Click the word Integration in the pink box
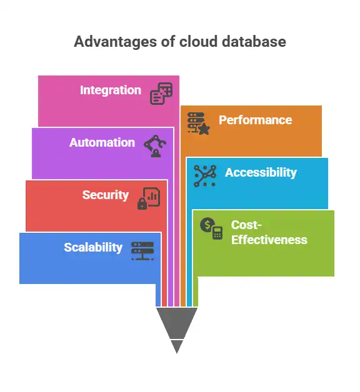click(111, 91)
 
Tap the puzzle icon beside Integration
click(161, 94)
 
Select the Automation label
click(102, 143)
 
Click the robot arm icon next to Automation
click(156, 145)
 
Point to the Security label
click(106, 195)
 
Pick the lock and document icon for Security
click(149, 198)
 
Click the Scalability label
click(93, 248)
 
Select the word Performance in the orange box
click(255, 120)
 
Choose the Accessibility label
click(261, 173)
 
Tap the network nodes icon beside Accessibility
click(205, 176)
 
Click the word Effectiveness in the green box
click(269, 240)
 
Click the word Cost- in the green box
click(246, 225)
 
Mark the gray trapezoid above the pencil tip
click(177, 321)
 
